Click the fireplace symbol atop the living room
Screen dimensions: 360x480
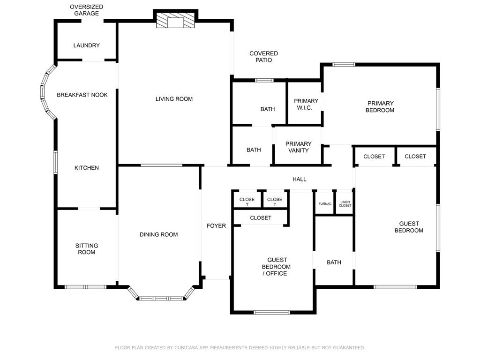click(175, 21)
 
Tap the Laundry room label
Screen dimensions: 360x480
click(86, 45)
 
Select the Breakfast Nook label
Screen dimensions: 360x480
click(82, 95)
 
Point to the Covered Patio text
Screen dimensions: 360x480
click(263, 57)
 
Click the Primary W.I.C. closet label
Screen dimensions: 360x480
click(306, 104)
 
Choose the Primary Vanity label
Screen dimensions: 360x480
click(298, 147)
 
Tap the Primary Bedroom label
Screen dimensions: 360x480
click(380, 107)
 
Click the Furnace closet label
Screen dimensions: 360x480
click(325, 204)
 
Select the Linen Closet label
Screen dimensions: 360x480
click(345, 204)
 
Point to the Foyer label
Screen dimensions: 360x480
click(216, 226)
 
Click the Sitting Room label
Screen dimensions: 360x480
click(87, 249)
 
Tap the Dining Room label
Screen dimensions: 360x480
click(158, 234)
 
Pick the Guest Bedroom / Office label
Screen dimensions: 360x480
click(277, 267)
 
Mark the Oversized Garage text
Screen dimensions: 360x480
click(86, 10)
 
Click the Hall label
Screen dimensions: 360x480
click(299, 179)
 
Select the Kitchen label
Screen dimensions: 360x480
click(87, 168)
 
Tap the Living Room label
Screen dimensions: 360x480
click(174, 99)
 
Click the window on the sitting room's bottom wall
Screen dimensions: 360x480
click(85, 286)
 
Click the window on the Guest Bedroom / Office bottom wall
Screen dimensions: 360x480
click(271, 312)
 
